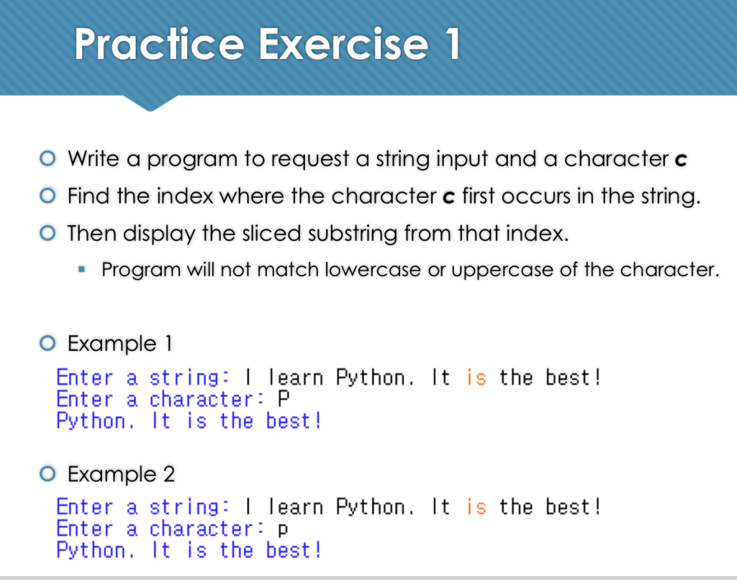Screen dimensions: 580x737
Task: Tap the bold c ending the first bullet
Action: [681, 160]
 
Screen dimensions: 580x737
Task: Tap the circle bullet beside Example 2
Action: [48, 474]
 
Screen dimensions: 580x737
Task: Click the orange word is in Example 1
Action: [476, 378]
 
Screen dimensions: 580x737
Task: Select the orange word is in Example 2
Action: [476, 507]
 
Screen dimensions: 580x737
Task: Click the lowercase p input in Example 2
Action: [283, 530]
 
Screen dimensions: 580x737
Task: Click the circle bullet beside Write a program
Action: [48, 159]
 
